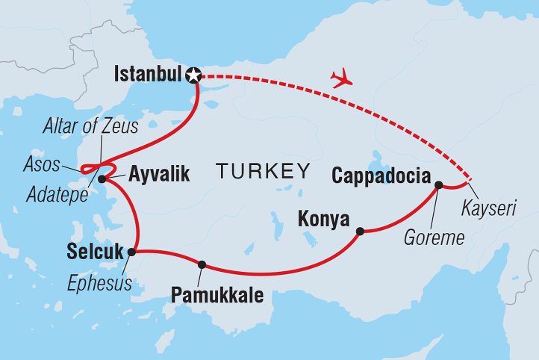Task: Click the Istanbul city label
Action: (x=149, y=75)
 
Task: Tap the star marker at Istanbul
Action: (x=195, y=75)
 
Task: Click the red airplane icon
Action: (x=341, y=78)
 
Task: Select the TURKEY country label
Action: (x=264, y=172)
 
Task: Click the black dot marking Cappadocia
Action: (x=438, y=184)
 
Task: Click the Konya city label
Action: (x=324, y=219)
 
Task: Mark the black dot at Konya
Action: (x=360, y=232)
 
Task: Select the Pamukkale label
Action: (x=217, y=295)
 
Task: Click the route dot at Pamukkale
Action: (x=202, y=264)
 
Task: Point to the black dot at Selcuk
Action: (x=131, y=252)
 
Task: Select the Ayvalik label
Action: (x=159, y=176)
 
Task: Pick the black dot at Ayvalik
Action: (x=102, y=179)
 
